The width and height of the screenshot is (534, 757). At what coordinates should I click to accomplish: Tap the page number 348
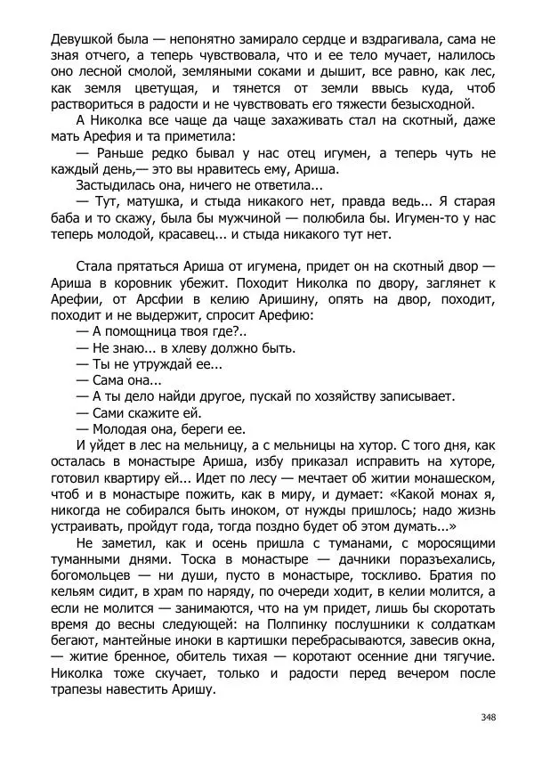pos(488,718)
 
